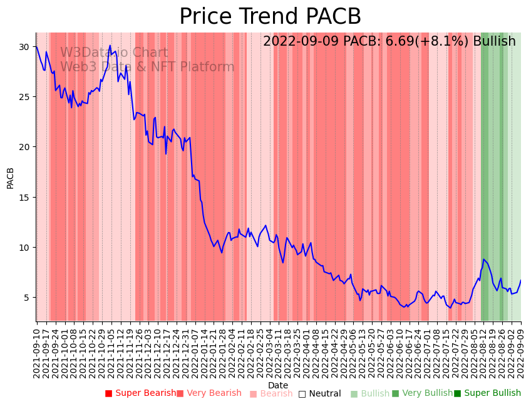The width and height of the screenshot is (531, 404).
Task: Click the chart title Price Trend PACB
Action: click(x=270, y=17)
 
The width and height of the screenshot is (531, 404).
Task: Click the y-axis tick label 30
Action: click(x=24, y=47)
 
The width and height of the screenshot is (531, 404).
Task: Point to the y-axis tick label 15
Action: click(x=24, y=197)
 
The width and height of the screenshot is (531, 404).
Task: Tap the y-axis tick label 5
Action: click(x=26, y=298)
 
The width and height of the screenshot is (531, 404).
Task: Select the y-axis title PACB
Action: click(x=11, y=178)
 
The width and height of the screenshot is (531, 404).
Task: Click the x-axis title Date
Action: click(x=278, y=385)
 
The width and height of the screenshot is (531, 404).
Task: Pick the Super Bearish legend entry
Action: click(x=140, y=393)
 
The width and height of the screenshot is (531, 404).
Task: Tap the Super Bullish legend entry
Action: click(x=487, y=393)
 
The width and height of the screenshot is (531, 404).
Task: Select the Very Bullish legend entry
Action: click(x=422, y=393)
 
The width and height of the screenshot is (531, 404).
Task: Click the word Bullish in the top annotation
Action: click(x=495, y=42)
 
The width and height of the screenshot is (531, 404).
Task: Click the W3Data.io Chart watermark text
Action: click(x=114, y=53)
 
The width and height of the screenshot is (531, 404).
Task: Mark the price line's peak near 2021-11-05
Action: click(x=110, y=45)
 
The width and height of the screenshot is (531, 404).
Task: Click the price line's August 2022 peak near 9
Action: click(x=483, y=259)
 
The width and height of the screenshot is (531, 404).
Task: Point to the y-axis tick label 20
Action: click(x=24, y=147)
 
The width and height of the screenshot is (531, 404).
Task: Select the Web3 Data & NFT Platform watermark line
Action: click(x=147, y=67)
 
